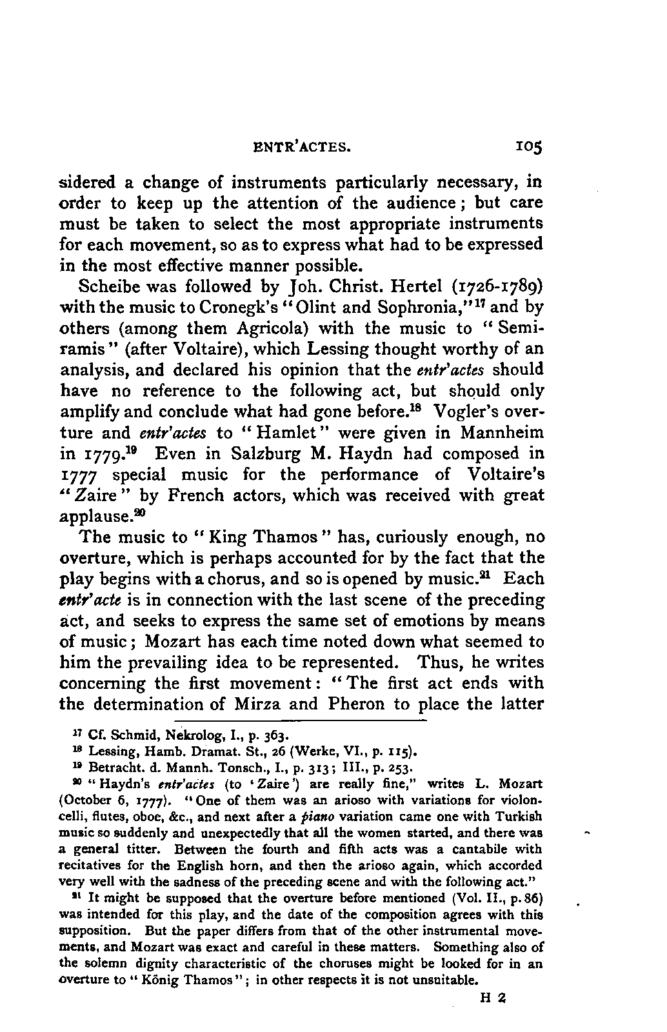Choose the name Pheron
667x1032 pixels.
click(356, 703)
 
